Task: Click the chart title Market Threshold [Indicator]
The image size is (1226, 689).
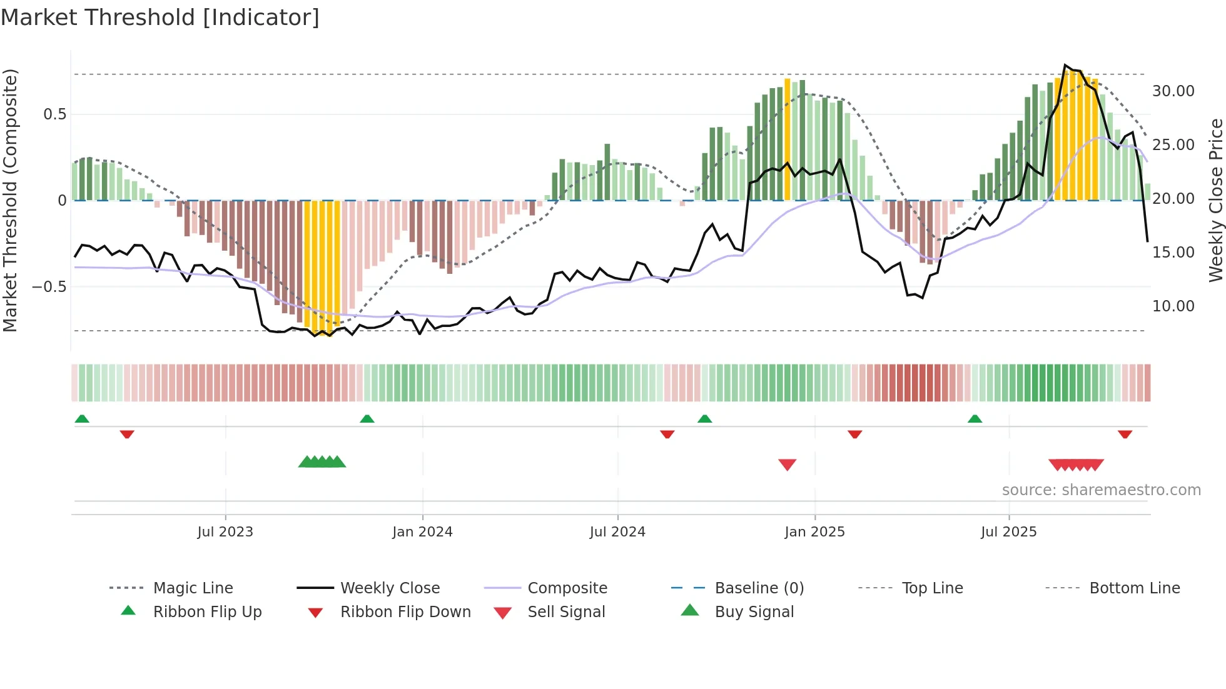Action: click(x=160, y=18)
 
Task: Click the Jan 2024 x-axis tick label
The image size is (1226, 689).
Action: click(x=422, y=532)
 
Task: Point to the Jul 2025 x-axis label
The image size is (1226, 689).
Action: click(x=1008, y=532)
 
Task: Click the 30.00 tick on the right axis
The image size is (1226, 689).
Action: click(x=1173, y=91)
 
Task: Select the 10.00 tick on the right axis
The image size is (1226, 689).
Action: click(x=1173, y=306)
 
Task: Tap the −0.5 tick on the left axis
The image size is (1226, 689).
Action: click(x=49, y=287)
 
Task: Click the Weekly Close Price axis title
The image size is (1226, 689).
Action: click(x=1215, y=200)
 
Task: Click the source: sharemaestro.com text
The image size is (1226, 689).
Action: click(x=1101, y=490)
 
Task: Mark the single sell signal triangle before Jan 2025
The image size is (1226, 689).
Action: click(x=787, y=465)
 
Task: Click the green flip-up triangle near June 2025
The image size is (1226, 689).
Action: click(x=975, y=419)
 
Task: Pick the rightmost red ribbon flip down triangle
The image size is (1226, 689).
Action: click(x=1125, y=434)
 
